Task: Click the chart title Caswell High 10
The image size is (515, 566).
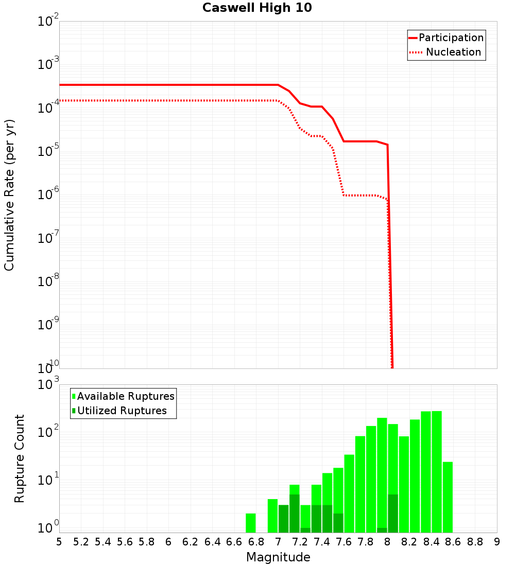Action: [x=257, y=8]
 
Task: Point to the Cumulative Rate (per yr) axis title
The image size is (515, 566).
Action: [x=9, y=194]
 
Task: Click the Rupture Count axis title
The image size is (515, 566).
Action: [x=20, y=458]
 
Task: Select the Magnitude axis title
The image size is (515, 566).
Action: [x=278, y=557]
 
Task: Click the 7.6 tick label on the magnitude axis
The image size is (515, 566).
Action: [x=344, y=542]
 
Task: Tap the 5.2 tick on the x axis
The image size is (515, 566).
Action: [x=81, y=542]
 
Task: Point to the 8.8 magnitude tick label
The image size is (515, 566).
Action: [x=475, y=542]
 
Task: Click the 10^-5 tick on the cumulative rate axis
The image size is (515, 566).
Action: [x=48, y=150]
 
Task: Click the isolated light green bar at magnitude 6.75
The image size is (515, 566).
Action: [x=251, y=523]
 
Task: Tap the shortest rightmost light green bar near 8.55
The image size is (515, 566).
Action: [x=448, y=497]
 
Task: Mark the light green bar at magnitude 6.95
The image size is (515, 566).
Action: [x=272, y=516]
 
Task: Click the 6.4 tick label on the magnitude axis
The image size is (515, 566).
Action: [x=213, y=542]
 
